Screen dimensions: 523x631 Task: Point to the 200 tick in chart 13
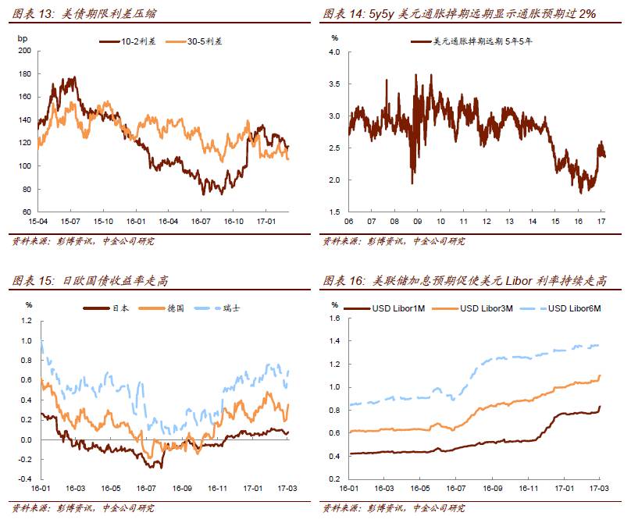click(x=23, y=52)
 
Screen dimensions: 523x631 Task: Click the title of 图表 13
click(x=84, y=14)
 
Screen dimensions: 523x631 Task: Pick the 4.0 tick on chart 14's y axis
click(x=333, y=52)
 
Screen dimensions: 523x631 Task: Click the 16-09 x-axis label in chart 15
click(x=183, y=489)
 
